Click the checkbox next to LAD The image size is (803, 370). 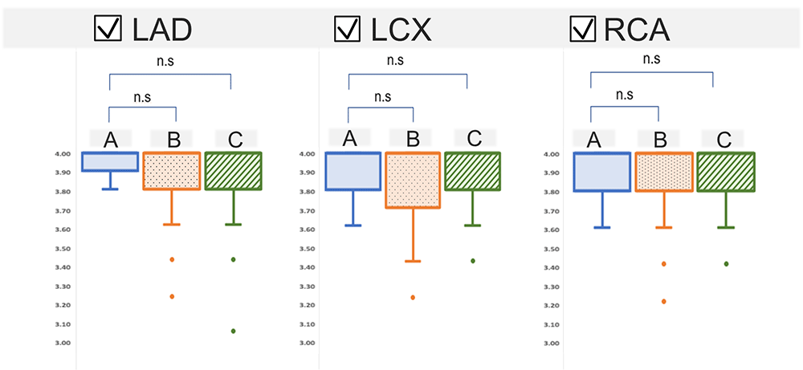click(x=109, y=30)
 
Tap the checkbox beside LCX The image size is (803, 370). click(x=346, y=30)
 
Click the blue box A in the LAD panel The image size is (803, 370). click(x=110, y=161)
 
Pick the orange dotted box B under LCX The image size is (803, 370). click(x=413, y=181)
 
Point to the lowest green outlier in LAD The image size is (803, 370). click(x=234, y=331)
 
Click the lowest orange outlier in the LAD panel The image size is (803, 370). click(x=172, y=296)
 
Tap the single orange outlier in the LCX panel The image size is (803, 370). click(x=413, y=298)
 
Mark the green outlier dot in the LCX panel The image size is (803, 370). click(x=473, y=261)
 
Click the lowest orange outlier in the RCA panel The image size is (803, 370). click(x=663, y=301)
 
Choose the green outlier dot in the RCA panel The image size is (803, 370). click(x=726, y=263)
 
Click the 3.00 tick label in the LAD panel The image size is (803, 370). click(x=63, y=344)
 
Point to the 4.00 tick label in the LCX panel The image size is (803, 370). click(x=307, y=154)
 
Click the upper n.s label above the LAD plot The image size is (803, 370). click(x=169, y=59)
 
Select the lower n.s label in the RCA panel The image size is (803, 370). click(x=624, y=94)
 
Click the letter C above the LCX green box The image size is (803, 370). click(x=474, y=139)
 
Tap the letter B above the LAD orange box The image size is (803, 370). click(x=173, y=140)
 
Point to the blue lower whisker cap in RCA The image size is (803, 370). click(x=602, y=228)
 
